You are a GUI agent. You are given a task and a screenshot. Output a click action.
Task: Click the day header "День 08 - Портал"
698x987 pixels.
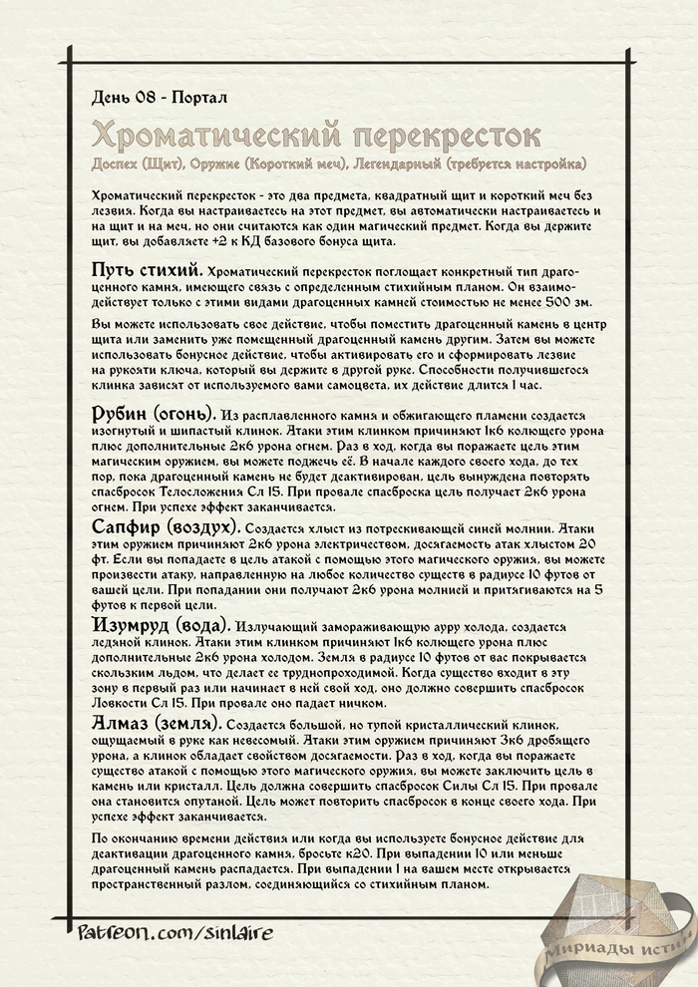tap(159, 98)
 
